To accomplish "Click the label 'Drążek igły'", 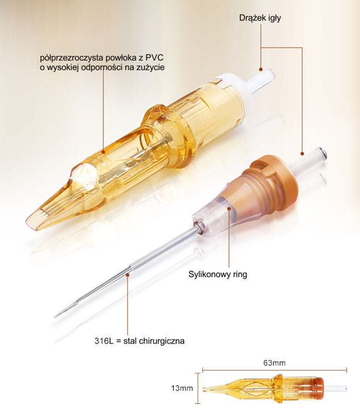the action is tap(260, 18).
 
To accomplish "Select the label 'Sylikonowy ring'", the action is tap(218, 274).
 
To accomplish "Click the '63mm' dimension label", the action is tap(274, 363).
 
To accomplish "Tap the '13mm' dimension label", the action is tap(182, 388).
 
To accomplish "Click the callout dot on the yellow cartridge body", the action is tap(103, 151).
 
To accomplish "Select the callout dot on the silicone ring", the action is tap(229, 208).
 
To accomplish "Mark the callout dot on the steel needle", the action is tap(127, 274).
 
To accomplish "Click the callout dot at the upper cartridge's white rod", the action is tap(261, 69).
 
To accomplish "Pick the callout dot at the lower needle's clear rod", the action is tap(302, 154).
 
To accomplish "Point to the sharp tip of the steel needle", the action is tap(55, 316).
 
